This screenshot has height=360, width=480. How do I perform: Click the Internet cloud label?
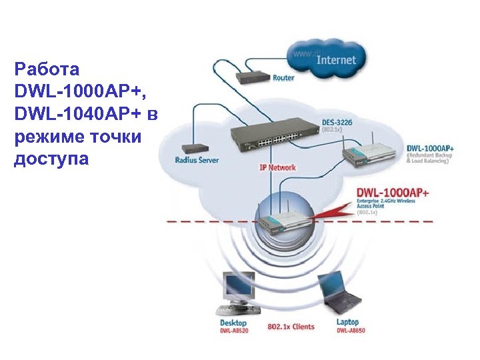[x=336, y=59]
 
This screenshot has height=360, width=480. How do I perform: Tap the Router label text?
[x=283, y=78]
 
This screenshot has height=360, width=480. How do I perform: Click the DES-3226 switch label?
[x=337, y=122]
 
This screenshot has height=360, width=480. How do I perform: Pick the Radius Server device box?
[x=194, y=148]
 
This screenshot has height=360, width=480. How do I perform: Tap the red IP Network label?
[x=277, y=167]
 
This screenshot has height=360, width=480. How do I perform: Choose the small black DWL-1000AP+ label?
[x=430, y=147]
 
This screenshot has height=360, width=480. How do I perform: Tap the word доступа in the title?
[x=51, y=159]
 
